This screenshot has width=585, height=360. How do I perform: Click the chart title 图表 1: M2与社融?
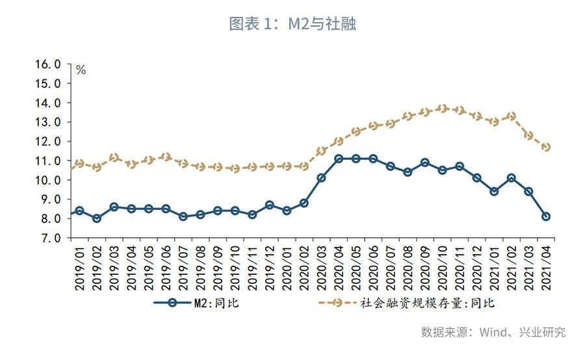tap(292, 25)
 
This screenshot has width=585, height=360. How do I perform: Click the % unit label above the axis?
tap(81, 70)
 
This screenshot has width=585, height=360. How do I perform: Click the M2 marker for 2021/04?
tap(546, 216)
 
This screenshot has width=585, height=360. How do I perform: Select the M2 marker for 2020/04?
tap(339, 159)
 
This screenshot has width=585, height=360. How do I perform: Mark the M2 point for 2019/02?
tap(97, 218)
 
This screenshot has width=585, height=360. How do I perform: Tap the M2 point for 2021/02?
tap(512, 178)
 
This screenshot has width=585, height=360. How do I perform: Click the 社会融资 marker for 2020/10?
tap(443, 109)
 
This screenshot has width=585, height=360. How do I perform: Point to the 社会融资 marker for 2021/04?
tap(546, 147)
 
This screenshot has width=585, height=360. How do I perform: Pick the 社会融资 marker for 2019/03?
tap(114, 158)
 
